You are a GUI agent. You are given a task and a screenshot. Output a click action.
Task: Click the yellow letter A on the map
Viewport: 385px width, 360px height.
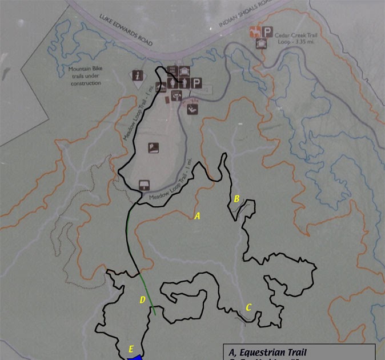(198, 216)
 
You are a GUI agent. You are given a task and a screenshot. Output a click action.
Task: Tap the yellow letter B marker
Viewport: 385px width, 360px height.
(236, 199)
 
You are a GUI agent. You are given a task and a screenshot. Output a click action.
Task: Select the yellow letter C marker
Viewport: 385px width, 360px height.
(248, 307)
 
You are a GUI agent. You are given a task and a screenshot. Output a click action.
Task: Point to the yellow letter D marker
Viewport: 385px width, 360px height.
(143, 299)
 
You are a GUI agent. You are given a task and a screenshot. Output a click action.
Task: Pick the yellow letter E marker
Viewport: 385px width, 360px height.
(131, 349)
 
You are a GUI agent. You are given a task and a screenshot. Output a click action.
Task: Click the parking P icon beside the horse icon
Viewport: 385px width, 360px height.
(267, 31)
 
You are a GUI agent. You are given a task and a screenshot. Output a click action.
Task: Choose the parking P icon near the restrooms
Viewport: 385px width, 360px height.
(196, 83)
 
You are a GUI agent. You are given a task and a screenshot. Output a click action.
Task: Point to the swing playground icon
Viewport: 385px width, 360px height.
(194, 108)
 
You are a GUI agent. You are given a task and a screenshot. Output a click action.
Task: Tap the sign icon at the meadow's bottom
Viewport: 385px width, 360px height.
(144, 185)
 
